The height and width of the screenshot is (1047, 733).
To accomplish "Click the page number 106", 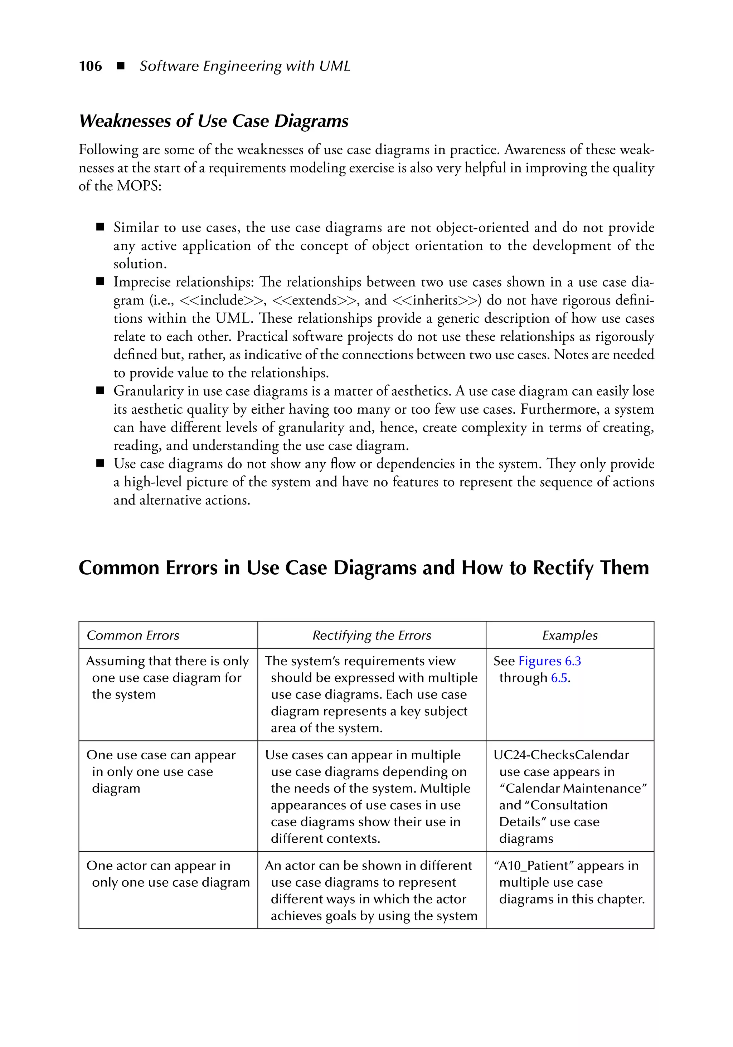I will [x=90, y=66].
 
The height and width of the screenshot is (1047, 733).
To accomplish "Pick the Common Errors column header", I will [x=133, y=635].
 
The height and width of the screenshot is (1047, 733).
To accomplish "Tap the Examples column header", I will [x=570, y=635].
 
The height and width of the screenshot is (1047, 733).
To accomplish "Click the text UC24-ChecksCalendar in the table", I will [x=561, y=755].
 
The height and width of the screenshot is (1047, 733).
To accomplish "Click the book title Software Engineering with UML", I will [x=245, y=66].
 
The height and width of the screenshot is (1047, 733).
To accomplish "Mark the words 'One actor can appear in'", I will [x=158, y=866].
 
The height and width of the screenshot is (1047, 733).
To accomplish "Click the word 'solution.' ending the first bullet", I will [x=140, y=264].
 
